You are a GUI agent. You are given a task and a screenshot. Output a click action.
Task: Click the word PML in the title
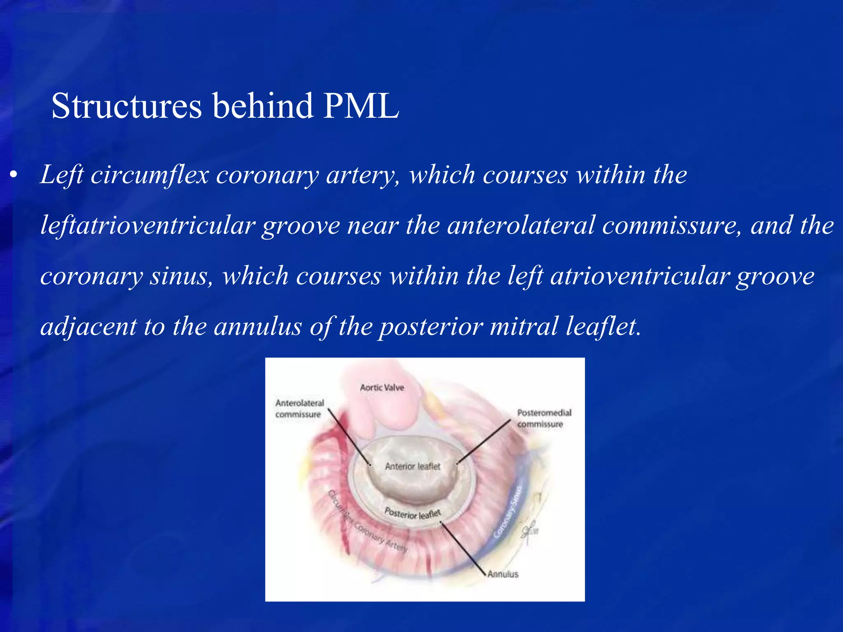point(361,106)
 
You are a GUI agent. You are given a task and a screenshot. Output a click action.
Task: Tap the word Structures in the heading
point(126,106)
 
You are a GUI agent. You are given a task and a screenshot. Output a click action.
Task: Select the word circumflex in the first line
point(150,175)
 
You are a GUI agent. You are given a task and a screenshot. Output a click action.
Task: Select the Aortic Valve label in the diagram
point(382,388)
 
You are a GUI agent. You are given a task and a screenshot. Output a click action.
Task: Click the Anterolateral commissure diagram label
point(299,409)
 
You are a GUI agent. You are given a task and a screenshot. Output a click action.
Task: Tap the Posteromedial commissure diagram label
point(544,418)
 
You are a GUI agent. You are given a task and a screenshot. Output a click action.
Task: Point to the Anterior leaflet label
point(412,467)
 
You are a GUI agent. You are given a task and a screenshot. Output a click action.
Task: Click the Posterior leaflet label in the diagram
point(412,513)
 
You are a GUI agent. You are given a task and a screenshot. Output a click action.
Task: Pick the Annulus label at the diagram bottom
point(503,574)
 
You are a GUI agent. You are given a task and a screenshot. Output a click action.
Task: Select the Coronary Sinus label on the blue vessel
point(510,512)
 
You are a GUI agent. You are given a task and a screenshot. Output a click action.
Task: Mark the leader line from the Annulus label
point(463,548)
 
